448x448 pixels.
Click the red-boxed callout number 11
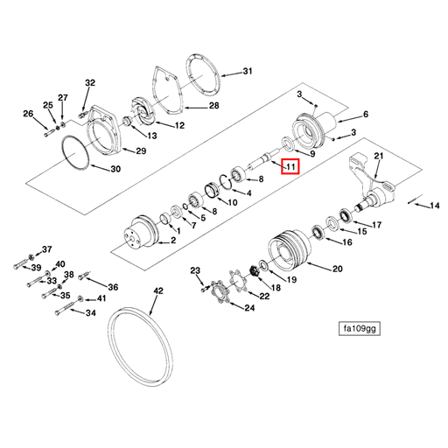pyautogui.click(x=290, y=165)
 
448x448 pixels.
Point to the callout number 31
pyautogui.click(x=247, y=71)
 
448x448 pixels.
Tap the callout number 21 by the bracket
pyautogui.click(x=379, y=156)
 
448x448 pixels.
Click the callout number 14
pyautogui.click(x=432, y=206)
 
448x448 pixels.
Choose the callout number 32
pyautogui.click(x=89, y=82)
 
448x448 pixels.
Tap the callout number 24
pyautogui.click(x=249, y=307)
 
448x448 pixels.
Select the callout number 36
pyautogui.click(x=113, y=287)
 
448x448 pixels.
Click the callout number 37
pyautogui.click(x=47, y=249)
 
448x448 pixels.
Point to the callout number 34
pyautogui.click(x=90, y=312)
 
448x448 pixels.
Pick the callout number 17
pyautogui.click(x=377, y=225)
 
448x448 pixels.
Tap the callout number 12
pyautogui.click(x=179, y=125)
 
